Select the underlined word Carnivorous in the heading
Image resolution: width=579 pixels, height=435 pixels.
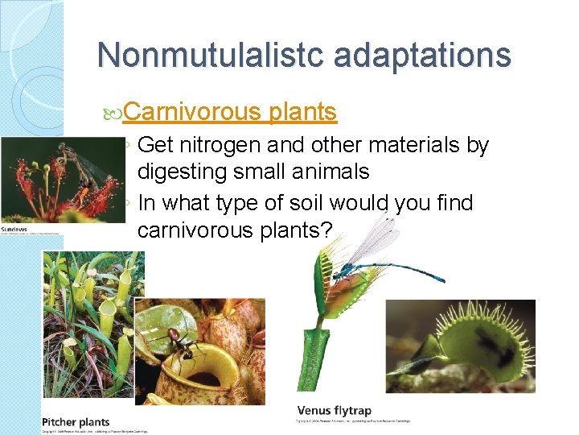[193, 112]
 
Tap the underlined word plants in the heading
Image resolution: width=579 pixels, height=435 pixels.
[303, 112]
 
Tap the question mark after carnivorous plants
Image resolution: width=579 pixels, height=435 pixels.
[326, 230]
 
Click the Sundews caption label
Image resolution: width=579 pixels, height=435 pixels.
[14, 230]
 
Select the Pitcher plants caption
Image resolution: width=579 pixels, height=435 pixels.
[76, 421]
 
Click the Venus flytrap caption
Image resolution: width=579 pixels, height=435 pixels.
[335, 411]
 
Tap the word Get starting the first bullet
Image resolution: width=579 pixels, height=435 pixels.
[151, 146]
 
